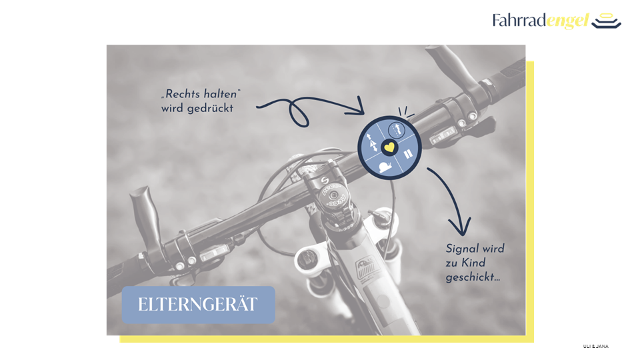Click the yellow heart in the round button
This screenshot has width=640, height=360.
(x=389, y=147)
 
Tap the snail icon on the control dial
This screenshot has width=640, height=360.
(x=385, y=167)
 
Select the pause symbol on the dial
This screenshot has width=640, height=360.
(x=408, y=154)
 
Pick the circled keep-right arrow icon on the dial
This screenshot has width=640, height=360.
(x=395, y=130)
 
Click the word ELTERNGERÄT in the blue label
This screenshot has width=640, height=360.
(x=197, y=305)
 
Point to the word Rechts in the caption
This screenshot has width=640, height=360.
(x=183, y=94)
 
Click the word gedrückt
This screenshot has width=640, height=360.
(x=210, y=109)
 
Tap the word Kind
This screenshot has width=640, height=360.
(x=473, y=263)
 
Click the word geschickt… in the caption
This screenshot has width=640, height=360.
(x=473, y=277)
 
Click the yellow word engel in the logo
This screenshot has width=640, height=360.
(x=568, y=21)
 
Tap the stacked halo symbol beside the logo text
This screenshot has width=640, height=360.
(x=607, y=21)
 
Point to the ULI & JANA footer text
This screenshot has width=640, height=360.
(x=595, y=346)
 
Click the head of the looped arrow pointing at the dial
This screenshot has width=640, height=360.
(x=357, y=107)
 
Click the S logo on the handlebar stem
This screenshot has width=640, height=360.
(x=325, y=180)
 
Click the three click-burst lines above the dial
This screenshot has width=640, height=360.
(x=406, y=112)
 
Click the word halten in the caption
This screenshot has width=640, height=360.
(x=221, y=94)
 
